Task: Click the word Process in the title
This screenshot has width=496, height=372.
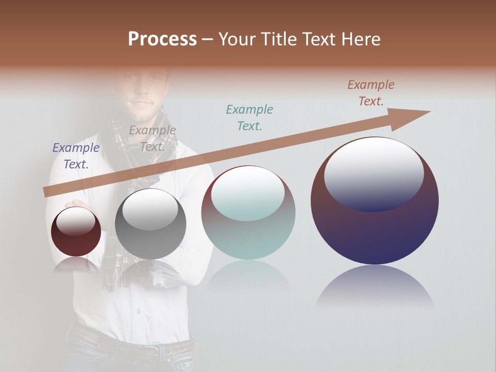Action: tap(162, 39)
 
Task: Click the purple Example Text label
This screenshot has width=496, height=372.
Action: tap(76, 156)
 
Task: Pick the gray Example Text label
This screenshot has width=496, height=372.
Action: tap(152, 138)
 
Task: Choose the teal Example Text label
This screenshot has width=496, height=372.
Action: tap(250, 117)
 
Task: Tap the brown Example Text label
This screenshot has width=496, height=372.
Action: tap(371, 93)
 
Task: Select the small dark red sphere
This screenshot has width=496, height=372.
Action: tap(76, 231)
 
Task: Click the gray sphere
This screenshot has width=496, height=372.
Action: tap(150, 224)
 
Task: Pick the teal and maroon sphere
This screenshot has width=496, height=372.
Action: tap(248, 213)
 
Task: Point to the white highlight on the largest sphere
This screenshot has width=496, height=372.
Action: tap(374, 165)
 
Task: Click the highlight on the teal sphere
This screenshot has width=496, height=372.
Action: tap(248, 191)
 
